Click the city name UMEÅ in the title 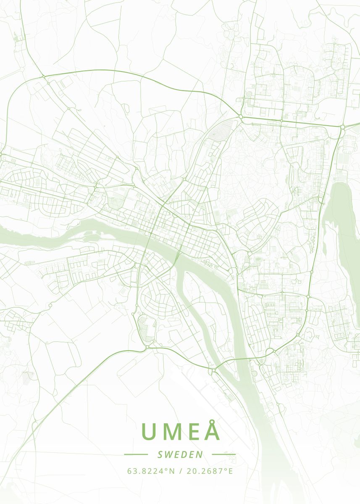(180, 431)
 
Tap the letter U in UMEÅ (149, 431)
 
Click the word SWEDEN (180, 454)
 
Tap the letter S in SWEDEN (160, 454)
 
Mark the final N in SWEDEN (200, 454)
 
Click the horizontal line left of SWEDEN (136, 454)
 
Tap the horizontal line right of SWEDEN (224, 454)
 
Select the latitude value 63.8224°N (151, 471)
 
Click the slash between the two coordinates (180, 471)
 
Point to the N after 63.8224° (172, 471)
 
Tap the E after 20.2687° (230, 471)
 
